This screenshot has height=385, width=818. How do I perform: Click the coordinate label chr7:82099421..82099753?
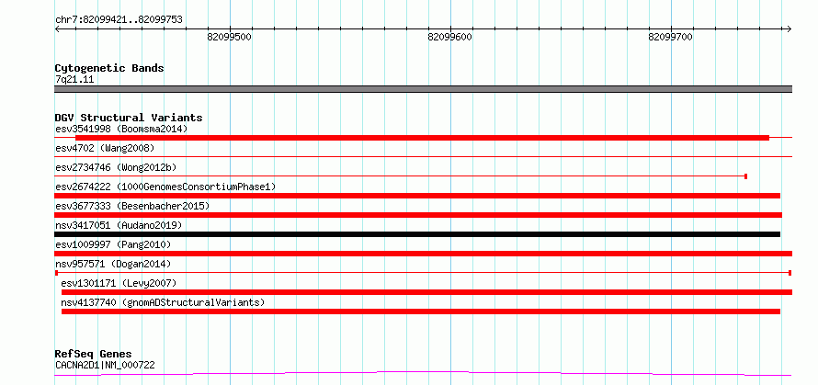pos(119,20)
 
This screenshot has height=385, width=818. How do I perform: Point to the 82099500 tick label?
pos(230,37)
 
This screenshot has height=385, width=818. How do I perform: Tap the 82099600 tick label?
pos(449,37)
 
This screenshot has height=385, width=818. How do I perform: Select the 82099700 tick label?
pos(670,37)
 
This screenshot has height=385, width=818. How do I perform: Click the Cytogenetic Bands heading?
pos(109,68)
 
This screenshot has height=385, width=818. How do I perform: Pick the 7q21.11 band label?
pos(74,80)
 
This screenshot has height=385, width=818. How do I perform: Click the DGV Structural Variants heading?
pos(129,118)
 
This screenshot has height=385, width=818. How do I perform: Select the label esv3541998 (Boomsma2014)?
pos(121,129)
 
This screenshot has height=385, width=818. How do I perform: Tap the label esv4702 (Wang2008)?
pos(105,148)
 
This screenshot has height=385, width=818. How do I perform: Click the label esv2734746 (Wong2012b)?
pos(116,167)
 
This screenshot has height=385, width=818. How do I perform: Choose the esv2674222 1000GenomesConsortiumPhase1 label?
pos(165,187)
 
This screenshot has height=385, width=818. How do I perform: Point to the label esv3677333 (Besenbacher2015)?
pos(132,206)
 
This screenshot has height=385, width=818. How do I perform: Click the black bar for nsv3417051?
pos(417,234)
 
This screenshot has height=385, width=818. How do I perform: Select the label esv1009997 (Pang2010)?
pos(113,244)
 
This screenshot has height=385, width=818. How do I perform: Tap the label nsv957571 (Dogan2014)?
pos(113,264)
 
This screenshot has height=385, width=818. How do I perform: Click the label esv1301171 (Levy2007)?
pos(119,283)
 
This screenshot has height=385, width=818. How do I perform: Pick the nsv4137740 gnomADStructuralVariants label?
pos(163,302)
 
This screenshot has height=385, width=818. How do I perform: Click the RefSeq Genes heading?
pos(94,355)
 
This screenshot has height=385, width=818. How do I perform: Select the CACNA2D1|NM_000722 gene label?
pos(105,365)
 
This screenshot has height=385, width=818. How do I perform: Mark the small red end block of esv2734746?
pos(746,176)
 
